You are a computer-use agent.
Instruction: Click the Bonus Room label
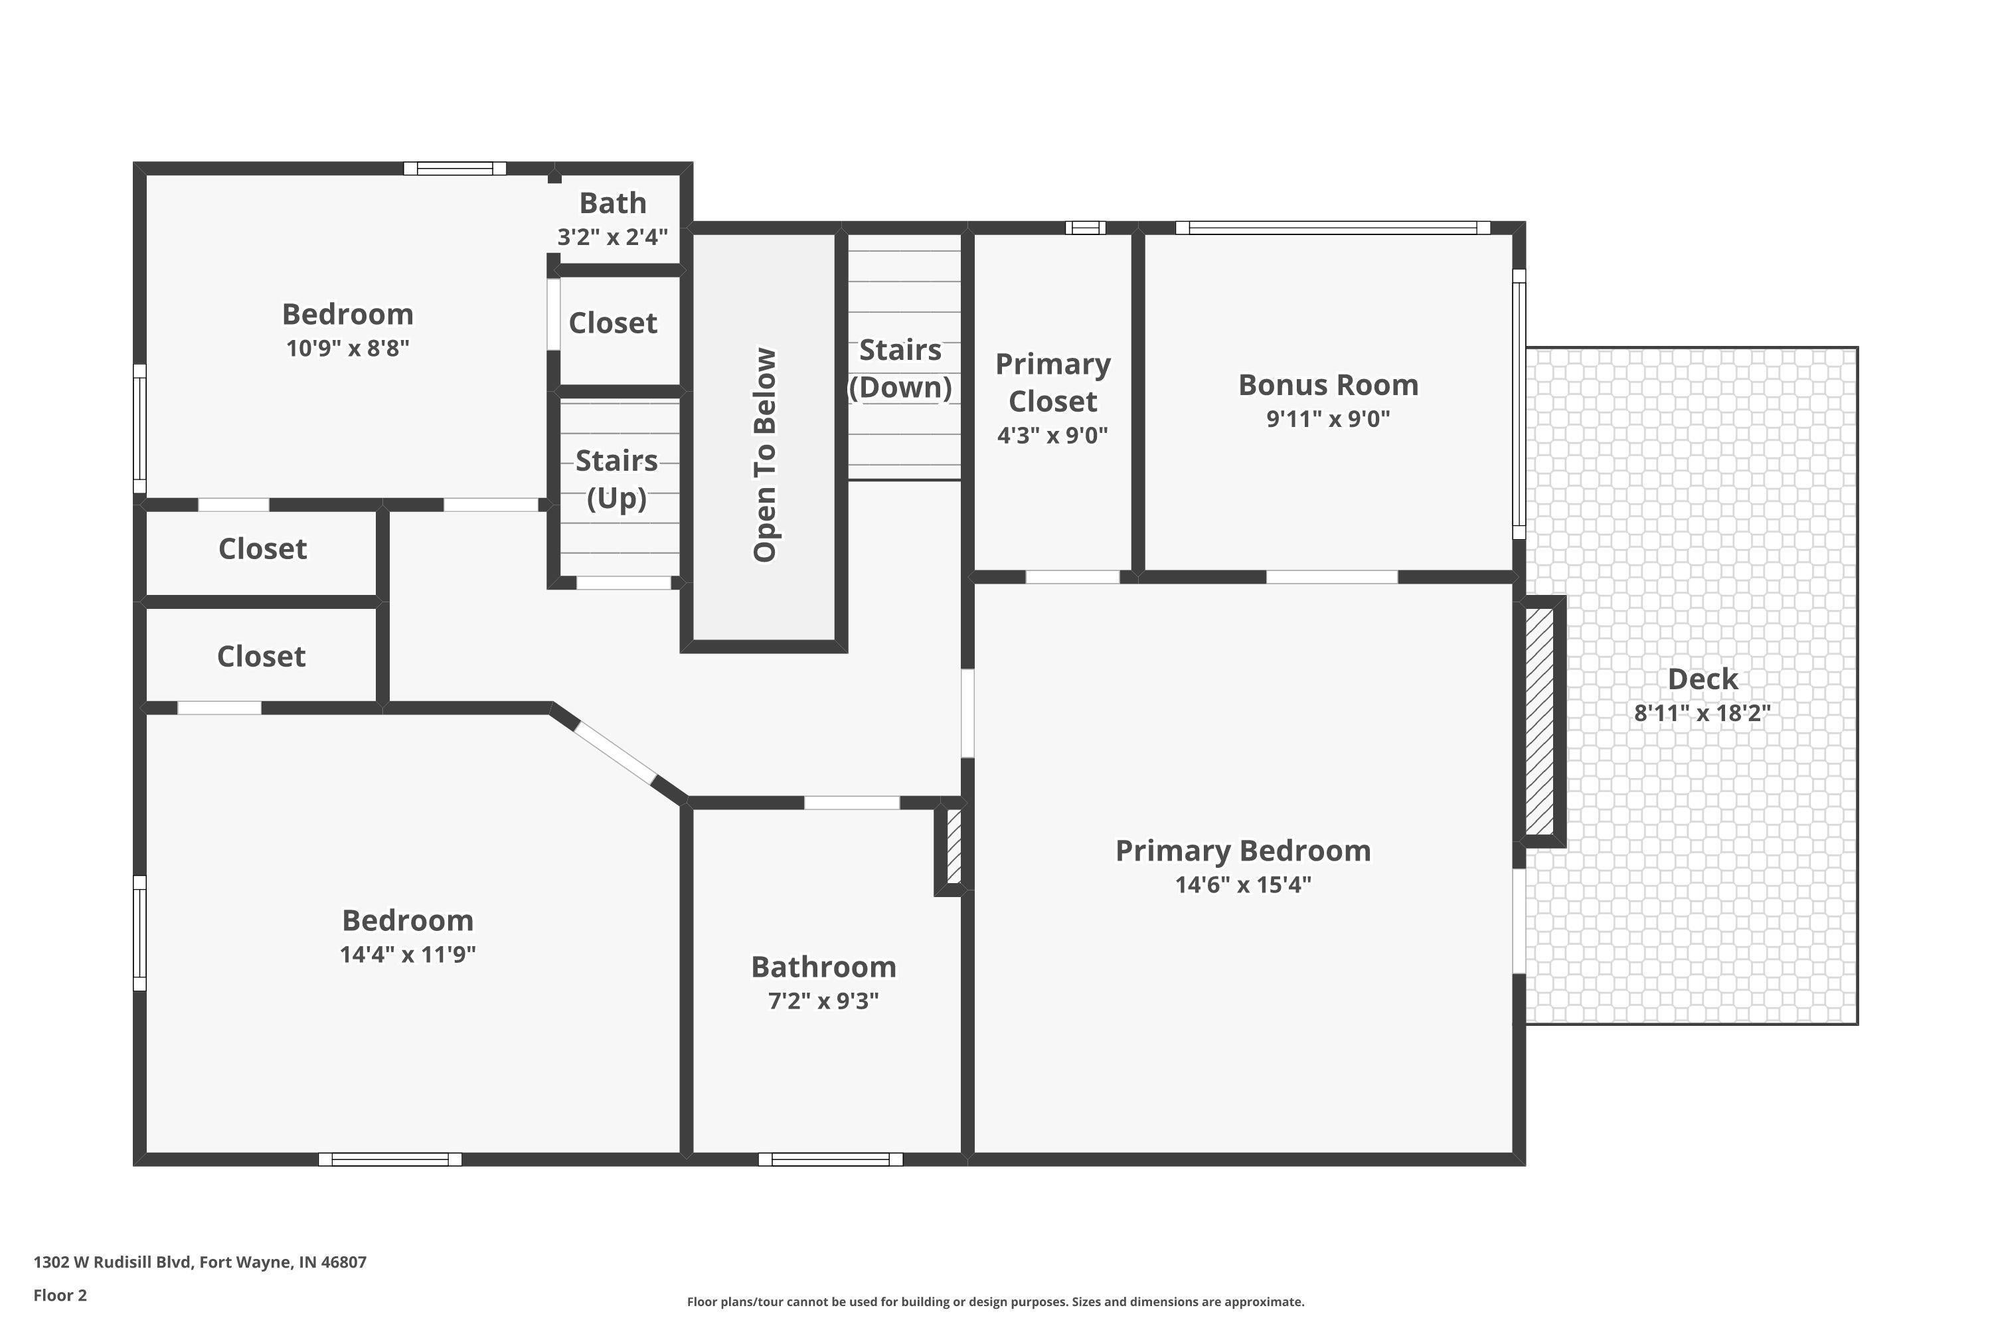pyautogui.click(x=1328, y=385)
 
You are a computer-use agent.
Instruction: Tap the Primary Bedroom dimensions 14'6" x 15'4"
pyautogui.click(x=1243, y=885)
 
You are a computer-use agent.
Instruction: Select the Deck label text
pyautogui.click(x=1702, y=679)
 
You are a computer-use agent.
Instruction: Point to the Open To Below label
pyautogui.click(x=765, y=455)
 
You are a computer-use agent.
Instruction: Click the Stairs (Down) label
pyautogui.click(x=900, y=369)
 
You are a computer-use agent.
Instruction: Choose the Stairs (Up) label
pyautogui.click(x=617, y=479)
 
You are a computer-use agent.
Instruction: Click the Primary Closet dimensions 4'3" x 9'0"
pyautogui.click(x=1052, y=436)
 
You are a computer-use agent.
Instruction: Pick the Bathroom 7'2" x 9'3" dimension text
pyautogui.click(x=823, y=1001)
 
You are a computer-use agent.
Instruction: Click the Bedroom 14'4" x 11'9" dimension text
pyautogui.click(x=408, y=955)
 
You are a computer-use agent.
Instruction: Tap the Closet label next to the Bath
pyautogui.click(x=612, y=323)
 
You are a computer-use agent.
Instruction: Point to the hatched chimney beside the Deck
pyautogui.click(x=1540, y=722)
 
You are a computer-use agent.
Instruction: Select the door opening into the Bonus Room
pyautogui.click(x=1331, y=578)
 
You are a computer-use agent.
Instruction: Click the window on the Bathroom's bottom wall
pyautogui.click(x=830, y=1159)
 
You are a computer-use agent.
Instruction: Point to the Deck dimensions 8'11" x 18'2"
pyautogui.click(x=1702, y=713)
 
